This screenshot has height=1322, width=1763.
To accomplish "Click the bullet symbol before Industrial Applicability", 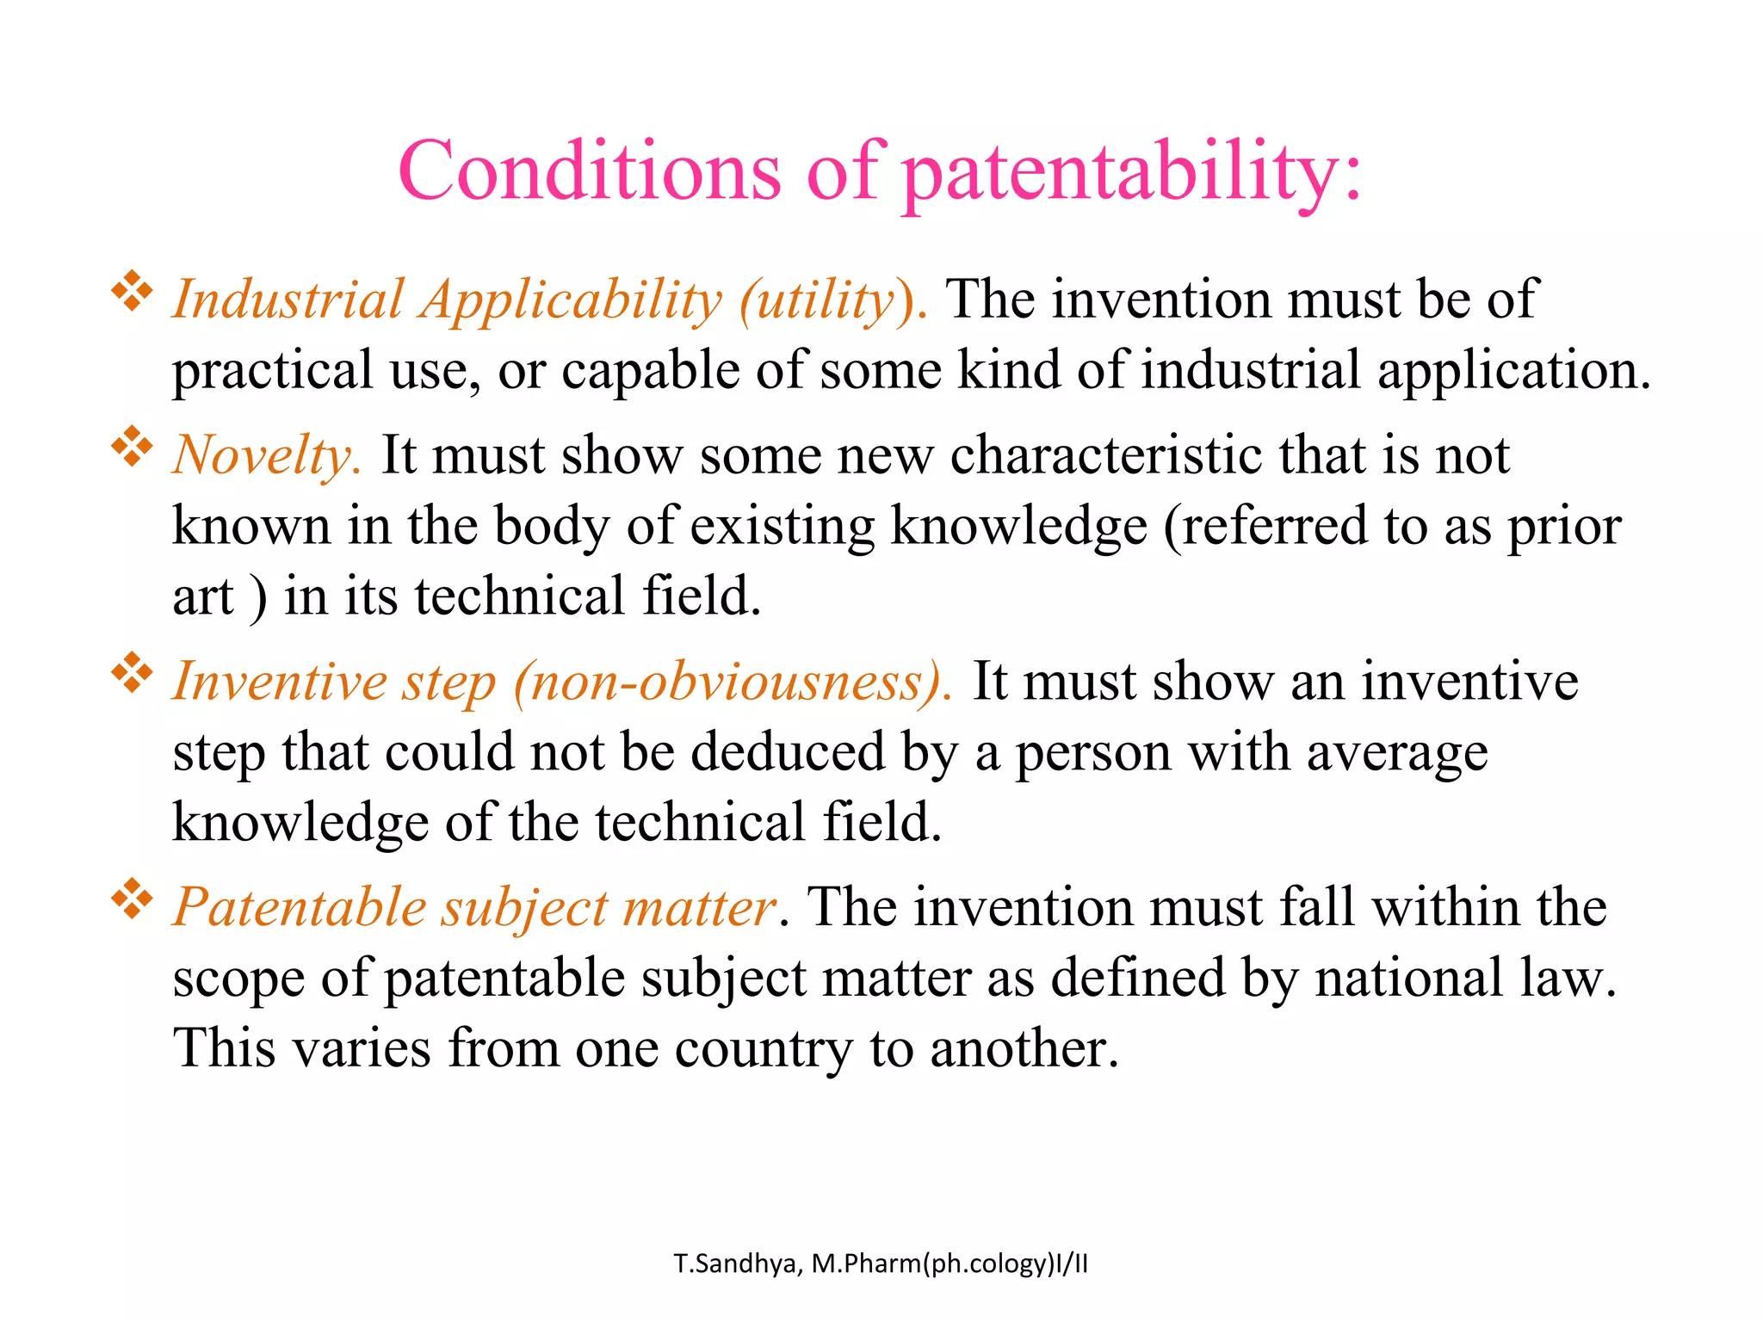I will click(132, 292).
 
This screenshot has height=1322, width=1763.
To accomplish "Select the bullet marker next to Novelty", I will click(132, 447).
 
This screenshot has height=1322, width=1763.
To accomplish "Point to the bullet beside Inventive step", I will click(132, 673).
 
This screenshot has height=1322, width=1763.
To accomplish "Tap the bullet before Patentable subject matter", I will click(132, 899).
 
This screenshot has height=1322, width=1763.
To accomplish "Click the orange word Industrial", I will click(288, 300).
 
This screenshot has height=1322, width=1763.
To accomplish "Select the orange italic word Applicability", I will click(571, 302).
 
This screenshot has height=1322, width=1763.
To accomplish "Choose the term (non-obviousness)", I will click(733, 683).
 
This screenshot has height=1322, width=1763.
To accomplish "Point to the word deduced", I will click(788, 752).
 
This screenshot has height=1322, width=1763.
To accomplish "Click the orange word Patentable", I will click(300, 908).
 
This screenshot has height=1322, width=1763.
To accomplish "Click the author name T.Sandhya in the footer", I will click(738, 1264).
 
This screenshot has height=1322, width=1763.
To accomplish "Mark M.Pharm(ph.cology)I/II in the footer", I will click(950, 1264).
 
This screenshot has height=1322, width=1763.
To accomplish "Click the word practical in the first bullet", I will click(272, 372).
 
